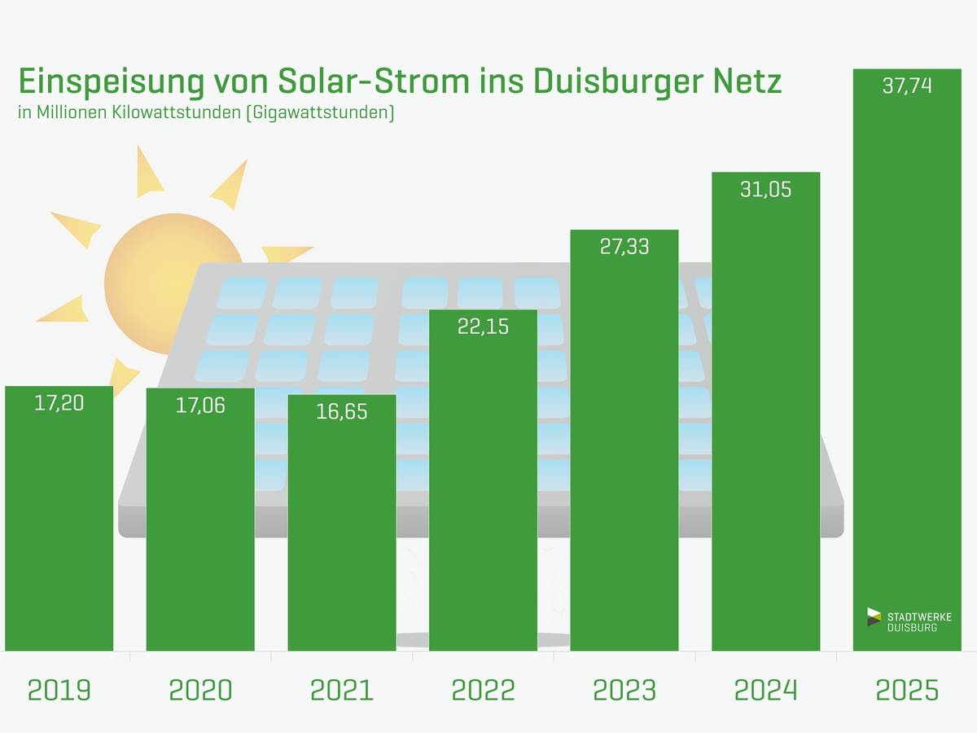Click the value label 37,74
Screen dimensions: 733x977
pyautogui.click(x=907, y=86)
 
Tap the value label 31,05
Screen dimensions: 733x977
pyautogui.click(x=766, y=190)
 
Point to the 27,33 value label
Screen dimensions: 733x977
pyautogui.click(x=624, y=247)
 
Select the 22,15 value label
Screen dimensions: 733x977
pyautogui.click(x=483, y=327)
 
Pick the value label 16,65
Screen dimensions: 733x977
pyautogui.click(x=342, y=411)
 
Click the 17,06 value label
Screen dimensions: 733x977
pyautogui.click(x=200, y=405)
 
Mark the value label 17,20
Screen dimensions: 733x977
pyautogui.click(x=59, y=402)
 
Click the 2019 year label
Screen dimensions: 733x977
pyautogui.click(x=59, y=691)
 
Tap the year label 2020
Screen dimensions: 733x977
pyautogui.click(x=200, y=691)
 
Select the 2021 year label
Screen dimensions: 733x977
pyautogui.click(x=342, y=691)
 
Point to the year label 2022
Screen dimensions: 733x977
pyautogui.click(x=483, y=691)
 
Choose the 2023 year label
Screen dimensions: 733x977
pyautogui.click(x=624, y=691)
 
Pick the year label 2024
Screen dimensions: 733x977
pyautogui.click(x=766, y=691)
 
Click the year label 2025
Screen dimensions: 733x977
pyautogui.click(x=907, y=691)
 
